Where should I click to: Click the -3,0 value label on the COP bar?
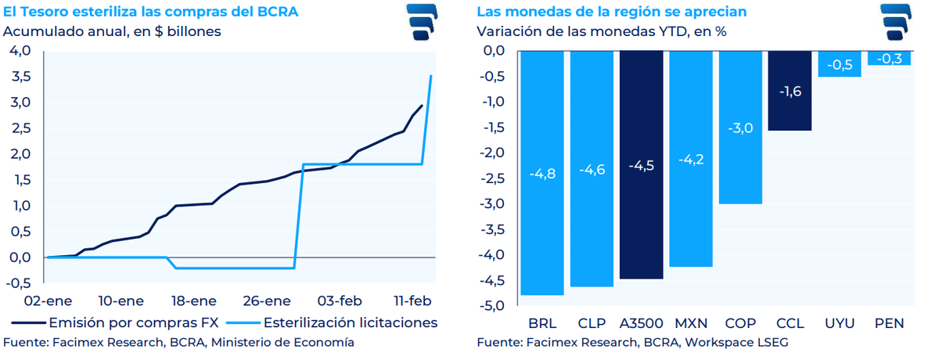tap(739, 128)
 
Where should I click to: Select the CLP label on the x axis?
tap(591, 322)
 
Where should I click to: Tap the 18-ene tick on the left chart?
tap(192, 301)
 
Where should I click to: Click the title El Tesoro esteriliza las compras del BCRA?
tap(150, 12)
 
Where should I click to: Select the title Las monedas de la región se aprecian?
tap(611, 12)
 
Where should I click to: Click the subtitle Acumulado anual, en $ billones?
tap(112, 32)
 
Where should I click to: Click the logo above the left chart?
tap(426, 21)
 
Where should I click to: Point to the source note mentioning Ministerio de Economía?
tap(178, 343)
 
